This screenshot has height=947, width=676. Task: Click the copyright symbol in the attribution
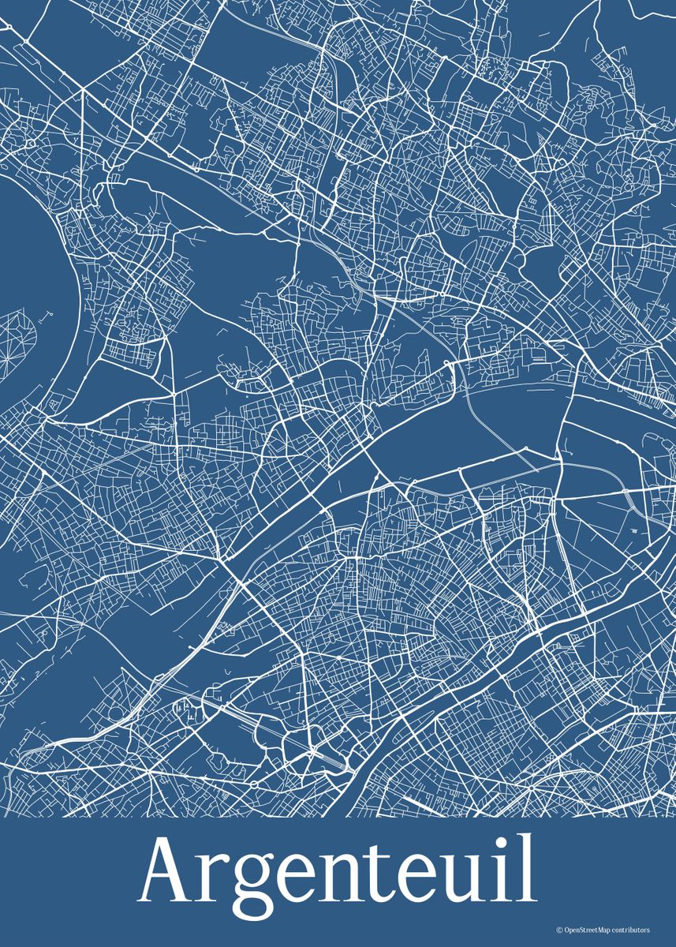559,930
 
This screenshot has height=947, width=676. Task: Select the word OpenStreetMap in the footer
585,930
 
